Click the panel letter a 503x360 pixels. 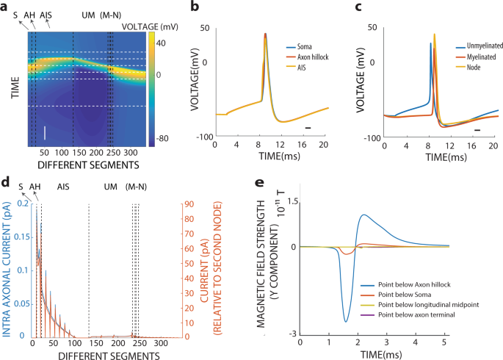[7, 7]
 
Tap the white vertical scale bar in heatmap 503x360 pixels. [45, 133]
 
